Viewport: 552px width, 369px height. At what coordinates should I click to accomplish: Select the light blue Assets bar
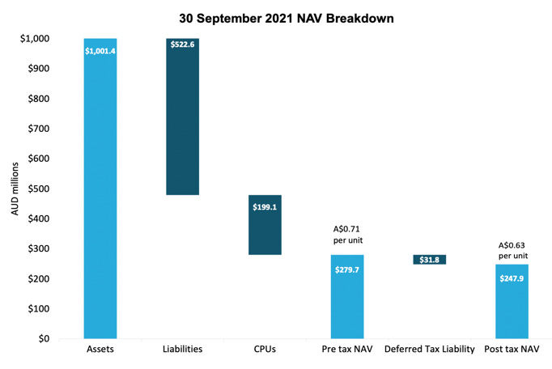tap(100, 194)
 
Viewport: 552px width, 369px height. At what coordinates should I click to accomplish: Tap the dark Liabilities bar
tap(183, 121)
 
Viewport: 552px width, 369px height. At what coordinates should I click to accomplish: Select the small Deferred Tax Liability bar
tap(429, 260)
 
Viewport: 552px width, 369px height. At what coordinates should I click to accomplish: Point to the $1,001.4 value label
tap(100, 51)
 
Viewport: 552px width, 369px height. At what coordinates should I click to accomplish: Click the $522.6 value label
tap(183, 45)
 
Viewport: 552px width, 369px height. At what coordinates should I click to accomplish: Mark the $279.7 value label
tap(347, 269)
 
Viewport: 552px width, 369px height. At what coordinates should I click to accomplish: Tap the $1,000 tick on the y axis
tap(34, 39)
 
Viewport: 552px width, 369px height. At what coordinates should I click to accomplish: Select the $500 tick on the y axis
tap(38, 189)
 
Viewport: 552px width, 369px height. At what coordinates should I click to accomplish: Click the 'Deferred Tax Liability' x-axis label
tap(429, 350)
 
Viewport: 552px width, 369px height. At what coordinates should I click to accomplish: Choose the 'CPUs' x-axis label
tap(265, 350)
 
